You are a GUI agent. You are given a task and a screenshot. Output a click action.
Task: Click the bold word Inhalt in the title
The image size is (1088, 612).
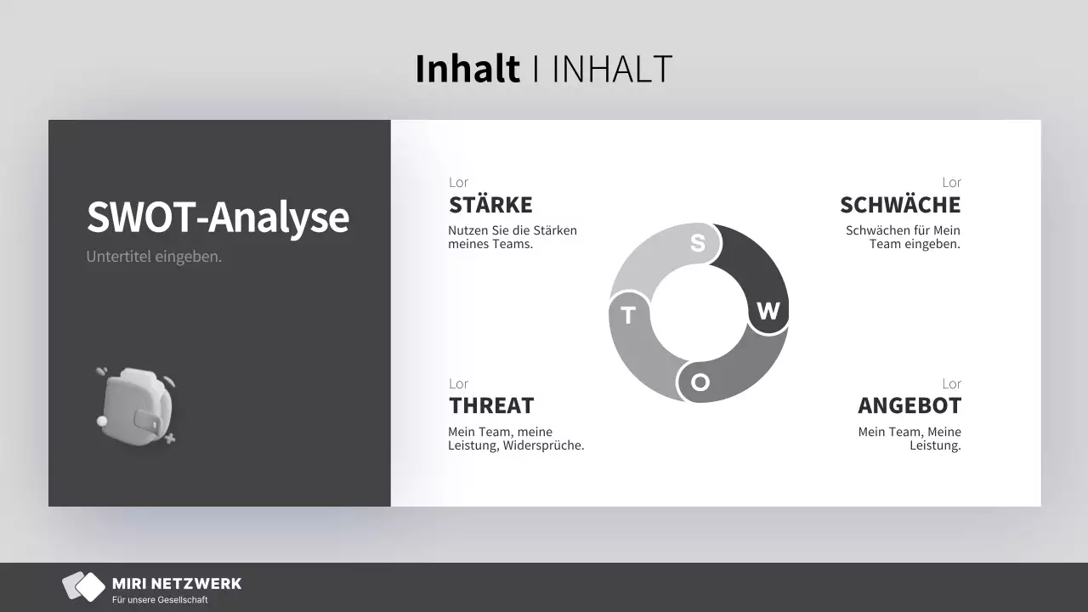467,69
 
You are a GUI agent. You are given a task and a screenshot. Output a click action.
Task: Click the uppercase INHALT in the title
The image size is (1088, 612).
613,70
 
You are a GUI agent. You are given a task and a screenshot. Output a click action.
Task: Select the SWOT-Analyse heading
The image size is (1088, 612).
218,217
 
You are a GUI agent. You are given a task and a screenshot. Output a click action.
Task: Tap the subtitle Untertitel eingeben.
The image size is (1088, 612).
154,257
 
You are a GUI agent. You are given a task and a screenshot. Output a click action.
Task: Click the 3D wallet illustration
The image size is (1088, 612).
137,406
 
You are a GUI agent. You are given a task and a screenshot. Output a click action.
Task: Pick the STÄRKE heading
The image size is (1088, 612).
490,205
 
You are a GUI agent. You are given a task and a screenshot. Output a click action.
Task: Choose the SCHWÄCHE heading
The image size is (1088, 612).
900,205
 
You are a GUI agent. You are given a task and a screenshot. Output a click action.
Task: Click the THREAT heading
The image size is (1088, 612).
491,405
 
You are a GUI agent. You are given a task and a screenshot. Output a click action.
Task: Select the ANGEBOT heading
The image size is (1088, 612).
909,405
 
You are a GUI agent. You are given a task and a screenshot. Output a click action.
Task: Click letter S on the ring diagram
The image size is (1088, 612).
698,243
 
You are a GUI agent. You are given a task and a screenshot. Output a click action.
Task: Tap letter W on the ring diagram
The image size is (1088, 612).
768,311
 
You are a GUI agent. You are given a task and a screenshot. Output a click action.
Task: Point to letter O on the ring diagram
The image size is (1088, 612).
700,382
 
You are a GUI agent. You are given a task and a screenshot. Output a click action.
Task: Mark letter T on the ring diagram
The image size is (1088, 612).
628,315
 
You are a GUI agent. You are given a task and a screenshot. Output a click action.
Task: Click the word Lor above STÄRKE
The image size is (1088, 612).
458,182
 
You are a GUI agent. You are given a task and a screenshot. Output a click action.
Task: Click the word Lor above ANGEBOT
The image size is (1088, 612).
951,383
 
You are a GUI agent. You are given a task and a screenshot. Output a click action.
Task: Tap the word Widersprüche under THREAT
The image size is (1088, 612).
543,445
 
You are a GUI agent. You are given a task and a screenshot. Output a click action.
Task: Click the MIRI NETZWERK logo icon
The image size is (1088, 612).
83,586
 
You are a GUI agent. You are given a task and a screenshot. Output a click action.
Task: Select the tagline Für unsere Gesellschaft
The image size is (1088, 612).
160,600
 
